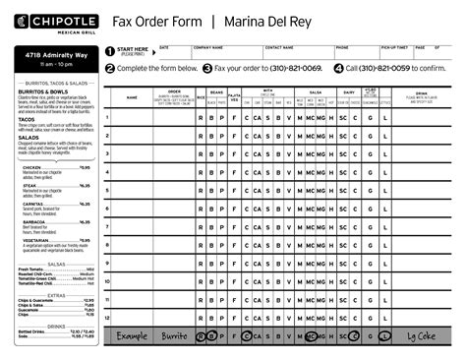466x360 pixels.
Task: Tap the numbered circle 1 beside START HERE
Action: point(110,50)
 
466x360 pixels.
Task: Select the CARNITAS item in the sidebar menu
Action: point(32,204)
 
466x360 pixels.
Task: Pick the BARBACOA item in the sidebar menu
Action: point(34,222)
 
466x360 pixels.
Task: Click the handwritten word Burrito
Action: point(174,335)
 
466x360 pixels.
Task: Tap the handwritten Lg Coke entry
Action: point(424,335)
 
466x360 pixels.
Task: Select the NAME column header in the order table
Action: point(132,98)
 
